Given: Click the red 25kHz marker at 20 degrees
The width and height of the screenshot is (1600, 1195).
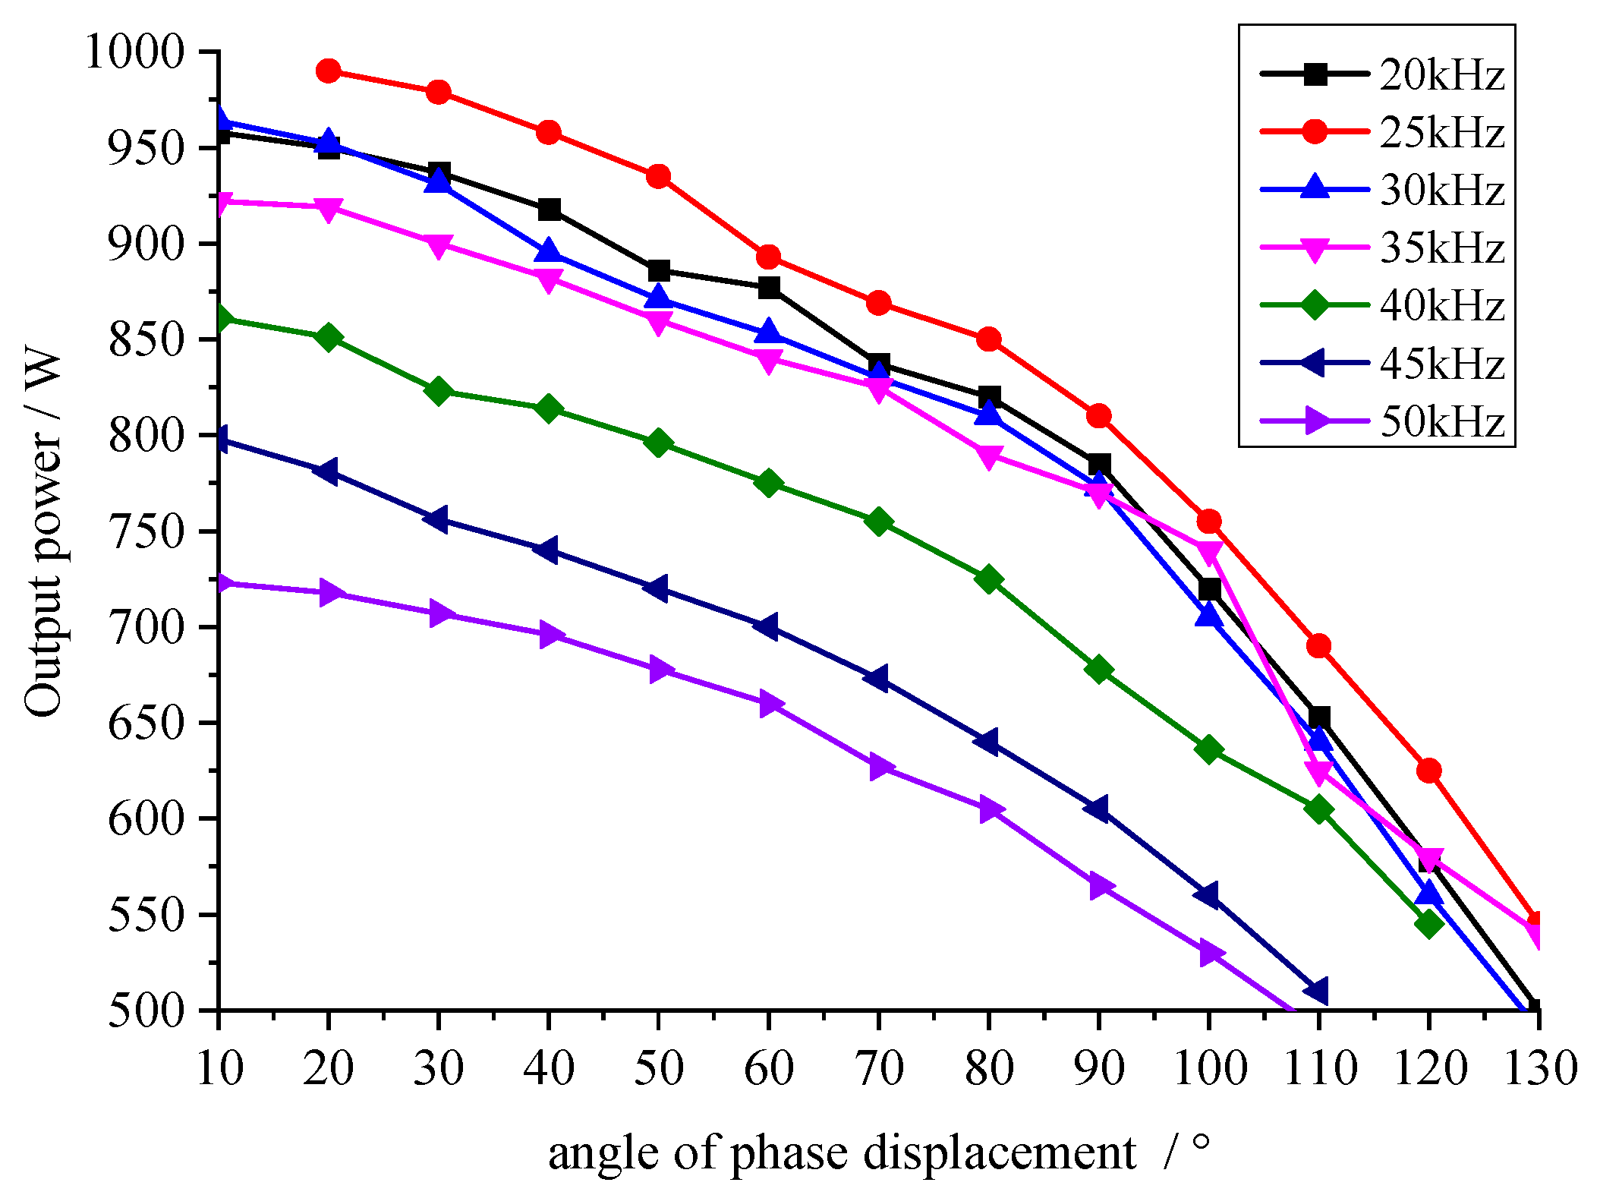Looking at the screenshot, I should tap(328, 71).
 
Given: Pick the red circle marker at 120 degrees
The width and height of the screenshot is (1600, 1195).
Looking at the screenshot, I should tap(1428, 771).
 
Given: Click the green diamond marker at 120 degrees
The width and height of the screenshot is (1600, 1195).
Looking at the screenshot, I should tap(1428, 923).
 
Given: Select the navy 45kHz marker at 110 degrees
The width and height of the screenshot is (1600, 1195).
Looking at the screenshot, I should tap(1317, 991).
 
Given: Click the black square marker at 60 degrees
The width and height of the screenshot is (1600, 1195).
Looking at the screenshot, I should tap(768, 288).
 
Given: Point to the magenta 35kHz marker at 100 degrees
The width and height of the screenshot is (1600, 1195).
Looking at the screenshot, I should tap(1208, 550).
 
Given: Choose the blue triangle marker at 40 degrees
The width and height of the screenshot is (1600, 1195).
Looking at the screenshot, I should tap(548, 251).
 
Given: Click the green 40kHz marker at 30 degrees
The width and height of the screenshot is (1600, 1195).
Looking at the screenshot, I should tap(438, 391).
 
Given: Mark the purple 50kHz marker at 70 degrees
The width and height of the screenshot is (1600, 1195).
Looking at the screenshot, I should tap(879, 766).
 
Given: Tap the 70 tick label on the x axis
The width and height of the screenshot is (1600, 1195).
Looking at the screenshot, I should tap(878, 1067).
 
